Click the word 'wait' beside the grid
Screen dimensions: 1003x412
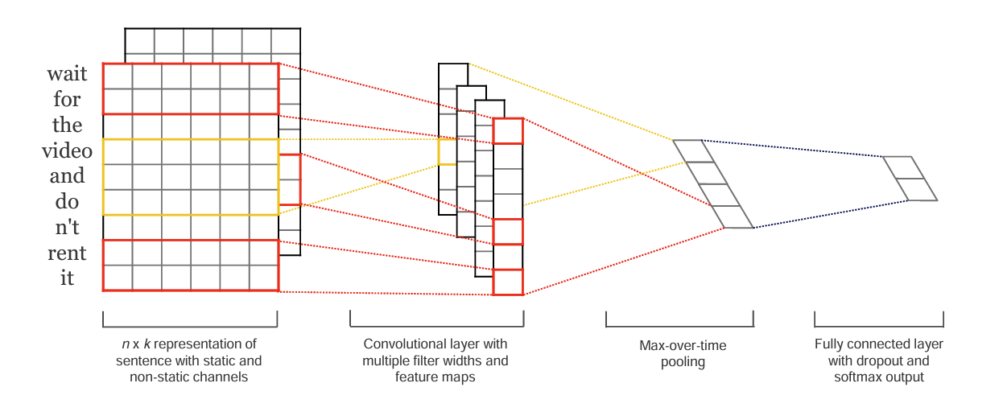[67, 73]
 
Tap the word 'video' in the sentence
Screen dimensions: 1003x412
[67, 150]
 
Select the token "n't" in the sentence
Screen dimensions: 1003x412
[67, 227]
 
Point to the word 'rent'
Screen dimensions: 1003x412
[67, 253]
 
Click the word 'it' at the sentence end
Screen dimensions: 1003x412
[67, 278]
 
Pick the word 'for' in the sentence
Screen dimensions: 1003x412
[67, 99]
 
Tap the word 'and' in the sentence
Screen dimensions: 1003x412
[67, 175]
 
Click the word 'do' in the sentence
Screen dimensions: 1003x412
[67, 201]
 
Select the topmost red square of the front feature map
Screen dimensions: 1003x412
[508, 131]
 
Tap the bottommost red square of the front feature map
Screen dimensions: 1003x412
[508, 282]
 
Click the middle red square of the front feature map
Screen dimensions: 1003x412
[508, 232]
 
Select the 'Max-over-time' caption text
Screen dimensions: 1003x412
[683, 345]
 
